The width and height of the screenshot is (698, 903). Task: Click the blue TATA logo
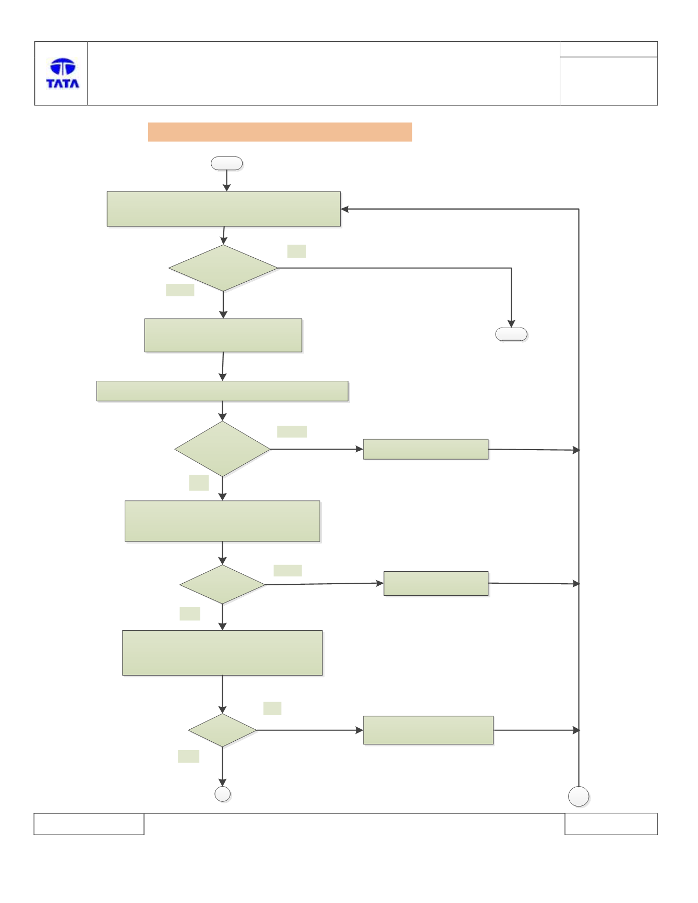[x=63, y=73]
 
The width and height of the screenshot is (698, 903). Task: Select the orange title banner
[x=280, y=132]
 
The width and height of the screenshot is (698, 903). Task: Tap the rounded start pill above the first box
[x=226, y=163]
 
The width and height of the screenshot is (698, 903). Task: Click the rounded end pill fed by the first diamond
[x=511, y=334]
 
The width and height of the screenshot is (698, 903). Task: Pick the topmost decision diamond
[x=223, y=268]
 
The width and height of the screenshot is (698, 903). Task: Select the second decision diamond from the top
[x=222, y=449]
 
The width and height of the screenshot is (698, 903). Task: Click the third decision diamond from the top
[x=222, y=584]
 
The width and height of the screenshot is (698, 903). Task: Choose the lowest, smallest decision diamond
[x=222, y=730]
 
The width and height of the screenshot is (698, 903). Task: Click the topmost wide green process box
[x=224, y=209]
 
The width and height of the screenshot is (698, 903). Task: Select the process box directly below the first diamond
[x=223, y=335]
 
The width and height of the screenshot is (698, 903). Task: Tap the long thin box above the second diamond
[x=222, y=391]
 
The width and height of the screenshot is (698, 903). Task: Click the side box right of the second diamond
[x=426, y=449]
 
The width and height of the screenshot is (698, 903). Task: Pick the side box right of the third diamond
[x=436, y=583]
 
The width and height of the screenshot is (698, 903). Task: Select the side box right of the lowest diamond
[x=428, y=730]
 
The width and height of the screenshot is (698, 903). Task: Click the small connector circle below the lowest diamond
[x=223, y=794]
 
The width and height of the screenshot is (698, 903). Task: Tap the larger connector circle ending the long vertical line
[x=579, y=797]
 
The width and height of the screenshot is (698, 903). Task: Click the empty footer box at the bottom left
[x=89, y=824]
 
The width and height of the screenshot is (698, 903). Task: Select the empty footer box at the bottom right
[x=611, y=824]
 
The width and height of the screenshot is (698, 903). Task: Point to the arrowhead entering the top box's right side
[x=344, y=209]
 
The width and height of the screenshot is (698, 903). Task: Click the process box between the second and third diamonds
[x=222, y=521]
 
